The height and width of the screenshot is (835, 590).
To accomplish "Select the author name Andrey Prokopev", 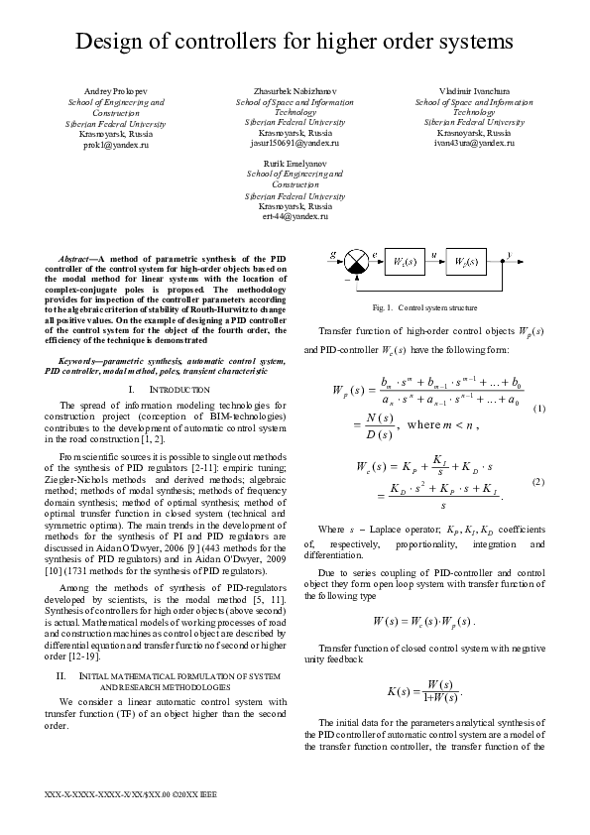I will point(115,91).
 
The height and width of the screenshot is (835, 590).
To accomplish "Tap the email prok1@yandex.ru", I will point(115,145).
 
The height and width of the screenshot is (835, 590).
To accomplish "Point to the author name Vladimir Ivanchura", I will point(473,91).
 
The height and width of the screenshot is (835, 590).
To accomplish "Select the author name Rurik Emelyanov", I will point(295,162).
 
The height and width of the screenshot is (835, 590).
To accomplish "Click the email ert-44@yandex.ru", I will point(295,215).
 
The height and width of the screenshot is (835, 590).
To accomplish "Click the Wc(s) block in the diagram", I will point(404,262).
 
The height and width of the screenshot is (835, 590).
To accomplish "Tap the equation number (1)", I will point(538,409).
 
